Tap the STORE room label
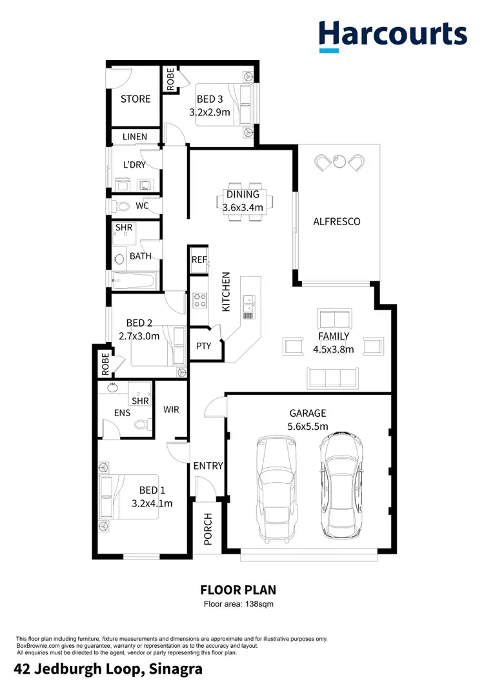click(136, 99)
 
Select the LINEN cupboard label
click(135, 137)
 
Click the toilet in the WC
click(123, 206)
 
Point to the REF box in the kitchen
click(199, 259)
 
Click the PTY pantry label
click(203, 346)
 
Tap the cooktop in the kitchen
click(198, 300)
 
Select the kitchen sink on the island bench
click(248, 299)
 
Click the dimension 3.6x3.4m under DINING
click(243, 208)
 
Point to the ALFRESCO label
click(336, 221)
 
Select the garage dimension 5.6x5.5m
click(308, 427)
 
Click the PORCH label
click(208, 529)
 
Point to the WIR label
click(171, 410)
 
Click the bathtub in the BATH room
click(134, 280)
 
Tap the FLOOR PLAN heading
click(238, 590)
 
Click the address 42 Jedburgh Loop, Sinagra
click(108, 669)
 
